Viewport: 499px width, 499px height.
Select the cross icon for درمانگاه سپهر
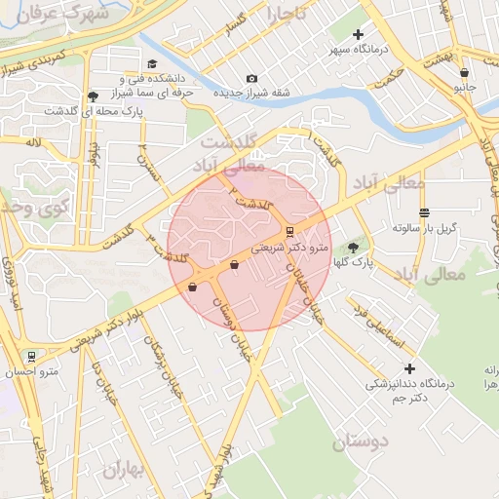[x=359, y=35]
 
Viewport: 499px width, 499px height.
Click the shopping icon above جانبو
[x=464, y=71]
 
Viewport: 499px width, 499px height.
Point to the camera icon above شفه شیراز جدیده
[x=252, y=78]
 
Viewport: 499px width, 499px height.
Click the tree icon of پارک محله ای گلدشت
[x=93, y=96]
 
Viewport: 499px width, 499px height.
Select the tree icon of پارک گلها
[x=352, y=248]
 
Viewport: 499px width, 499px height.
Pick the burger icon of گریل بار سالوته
[x=423, y=212]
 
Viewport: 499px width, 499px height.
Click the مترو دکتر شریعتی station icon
[x=290, y=231]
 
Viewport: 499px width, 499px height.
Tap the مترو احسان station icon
[x=32, y=357]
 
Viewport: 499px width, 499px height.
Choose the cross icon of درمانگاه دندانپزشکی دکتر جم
[x=409, y=368]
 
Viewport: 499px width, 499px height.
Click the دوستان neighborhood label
[x=361, y=442]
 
